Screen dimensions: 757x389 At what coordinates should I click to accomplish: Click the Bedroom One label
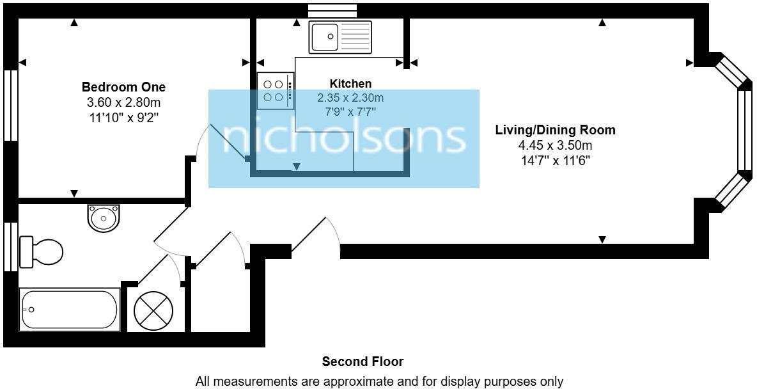pos(123,87)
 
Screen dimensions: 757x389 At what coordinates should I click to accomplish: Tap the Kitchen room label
pos(350,84)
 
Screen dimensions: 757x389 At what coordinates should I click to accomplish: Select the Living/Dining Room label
pos(555,130)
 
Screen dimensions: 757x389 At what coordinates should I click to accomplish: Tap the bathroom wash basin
pos(104,218)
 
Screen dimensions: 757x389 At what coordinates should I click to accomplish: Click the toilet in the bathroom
pos(42,251)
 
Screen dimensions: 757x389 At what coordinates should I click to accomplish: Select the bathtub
pos(70,310)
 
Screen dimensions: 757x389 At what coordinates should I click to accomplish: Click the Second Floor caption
pos(363,362)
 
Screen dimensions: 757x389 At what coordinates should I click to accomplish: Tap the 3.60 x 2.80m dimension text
pos(123,102)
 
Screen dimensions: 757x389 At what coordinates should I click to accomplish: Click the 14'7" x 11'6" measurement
pos(555,161)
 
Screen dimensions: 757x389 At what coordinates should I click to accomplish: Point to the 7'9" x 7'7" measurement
pos(350,112)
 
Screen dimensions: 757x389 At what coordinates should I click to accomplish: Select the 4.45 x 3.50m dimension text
pos(555,145)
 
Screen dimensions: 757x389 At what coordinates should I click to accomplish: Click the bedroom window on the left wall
pos(10,104)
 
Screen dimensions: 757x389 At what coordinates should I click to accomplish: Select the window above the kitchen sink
pos(332,10)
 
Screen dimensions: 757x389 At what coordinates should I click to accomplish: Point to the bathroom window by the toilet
pos(10,246)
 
